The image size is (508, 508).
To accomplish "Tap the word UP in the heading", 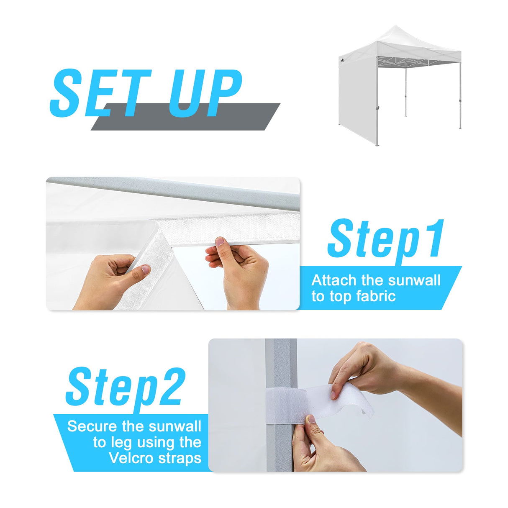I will click(x=205, y=93).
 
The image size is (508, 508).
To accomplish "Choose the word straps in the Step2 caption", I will click(x=180, y=458).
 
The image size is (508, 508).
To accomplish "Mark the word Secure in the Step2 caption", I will click(x=92, y=426).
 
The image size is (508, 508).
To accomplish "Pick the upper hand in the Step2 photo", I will click(x=368, y=368).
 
